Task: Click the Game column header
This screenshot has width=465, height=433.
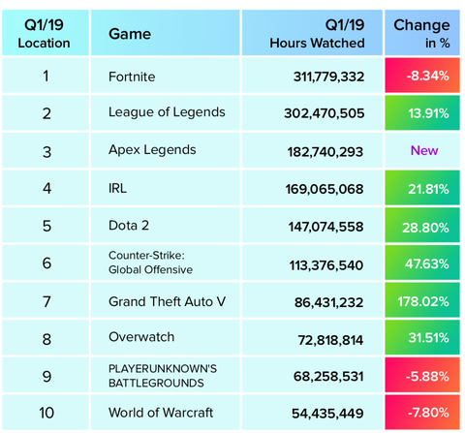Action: tap(130, 34)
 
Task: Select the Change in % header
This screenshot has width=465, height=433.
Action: tap(421, 34)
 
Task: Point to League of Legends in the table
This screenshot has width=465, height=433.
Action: tap(168, 112)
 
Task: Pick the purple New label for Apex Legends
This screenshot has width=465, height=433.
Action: tap(422, 150)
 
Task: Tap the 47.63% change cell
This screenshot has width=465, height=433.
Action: tap(422, 263)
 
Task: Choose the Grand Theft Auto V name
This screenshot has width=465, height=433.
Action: tap(168, 301)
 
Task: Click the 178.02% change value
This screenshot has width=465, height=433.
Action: tap(422, 301)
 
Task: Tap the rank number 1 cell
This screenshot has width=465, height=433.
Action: tap(46, 76)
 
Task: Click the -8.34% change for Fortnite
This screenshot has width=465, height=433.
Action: tap(422, 76)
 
